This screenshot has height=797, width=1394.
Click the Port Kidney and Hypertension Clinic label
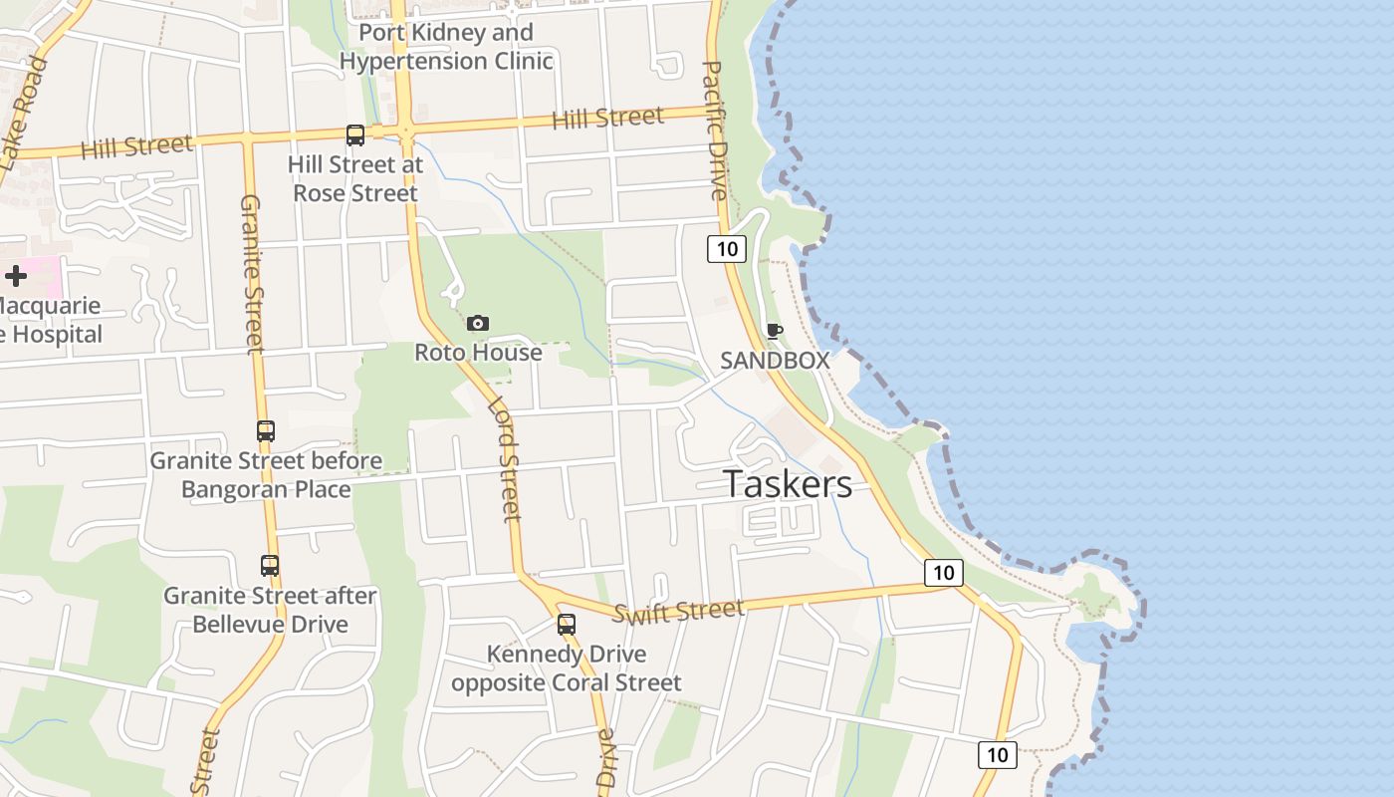tap(446, 47)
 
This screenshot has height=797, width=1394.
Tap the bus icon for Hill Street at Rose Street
tap(355, 135)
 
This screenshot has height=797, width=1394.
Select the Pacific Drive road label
tap(716, 130)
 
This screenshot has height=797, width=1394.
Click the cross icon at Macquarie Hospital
tap(16, 276)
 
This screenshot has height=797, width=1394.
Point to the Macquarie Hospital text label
tap(50, 320)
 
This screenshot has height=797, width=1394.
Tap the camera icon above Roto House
tap(478, 323)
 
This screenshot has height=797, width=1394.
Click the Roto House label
tap(478, 353)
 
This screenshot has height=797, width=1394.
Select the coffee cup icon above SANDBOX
tap(774, 331)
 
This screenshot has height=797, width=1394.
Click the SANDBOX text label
tap(775, 361)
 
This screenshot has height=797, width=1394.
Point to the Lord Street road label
tap(505, 459)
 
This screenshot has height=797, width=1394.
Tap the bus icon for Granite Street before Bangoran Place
tap(266, 431)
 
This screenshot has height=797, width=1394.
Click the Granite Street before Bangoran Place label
tap(266, 475)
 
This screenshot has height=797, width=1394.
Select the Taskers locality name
tap(788, 484)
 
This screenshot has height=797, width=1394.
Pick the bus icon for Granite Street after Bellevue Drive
tap(270, 566)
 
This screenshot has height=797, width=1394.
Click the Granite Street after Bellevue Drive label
tap(270, 610)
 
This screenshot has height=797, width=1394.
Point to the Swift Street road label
tap(678, 611)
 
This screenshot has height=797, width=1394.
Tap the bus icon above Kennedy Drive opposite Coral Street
tap(567, 625)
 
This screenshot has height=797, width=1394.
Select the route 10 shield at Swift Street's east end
tap(943, 573)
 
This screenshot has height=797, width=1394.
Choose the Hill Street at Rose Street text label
tap(355, 178)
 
